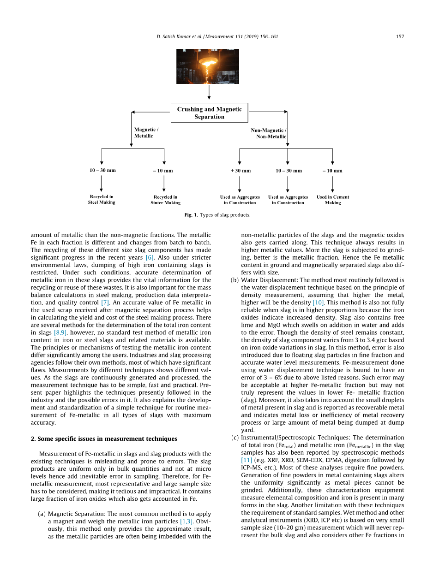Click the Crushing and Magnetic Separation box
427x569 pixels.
(209, 113)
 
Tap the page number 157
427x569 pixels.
(400, 36)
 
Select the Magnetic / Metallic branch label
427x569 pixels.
(146, 133)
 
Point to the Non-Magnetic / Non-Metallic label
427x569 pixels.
(269, 133)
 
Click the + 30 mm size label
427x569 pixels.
(241, 171)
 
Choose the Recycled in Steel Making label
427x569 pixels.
(102, 200)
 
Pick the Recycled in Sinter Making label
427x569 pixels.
(165, 200)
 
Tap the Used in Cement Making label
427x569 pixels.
(333, 200)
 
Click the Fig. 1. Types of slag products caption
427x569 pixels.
(217, 215)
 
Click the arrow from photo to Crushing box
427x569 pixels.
(210, 92)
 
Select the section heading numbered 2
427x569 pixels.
(104, 439)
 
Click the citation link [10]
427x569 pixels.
(319, 302)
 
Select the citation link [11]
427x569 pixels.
(246, 460)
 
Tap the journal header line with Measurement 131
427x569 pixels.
(217, 36)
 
